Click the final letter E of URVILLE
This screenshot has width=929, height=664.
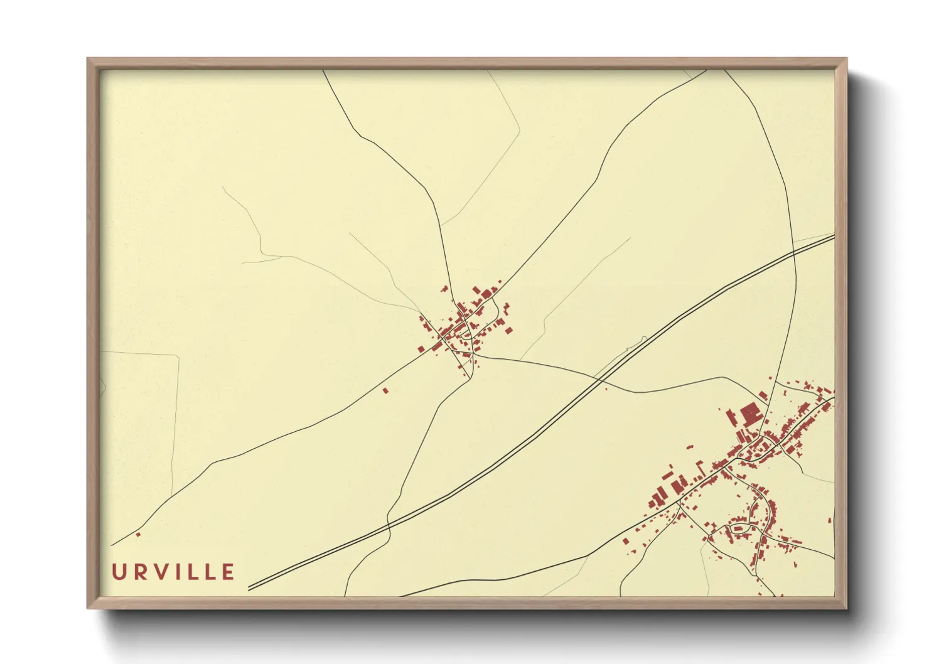[227, 572]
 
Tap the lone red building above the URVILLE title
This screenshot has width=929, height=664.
[138, 535]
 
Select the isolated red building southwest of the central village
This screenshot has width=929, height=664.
[385, 390]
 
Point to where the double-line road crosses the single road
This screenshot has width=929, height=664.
[598, 378]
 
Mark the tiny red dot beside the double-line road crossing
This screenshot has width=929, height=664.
[606, 388]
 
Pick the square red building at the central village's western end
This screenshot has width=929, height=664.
[421, 349]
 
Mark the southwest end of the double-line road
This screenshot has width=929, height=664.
[250, 589]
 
